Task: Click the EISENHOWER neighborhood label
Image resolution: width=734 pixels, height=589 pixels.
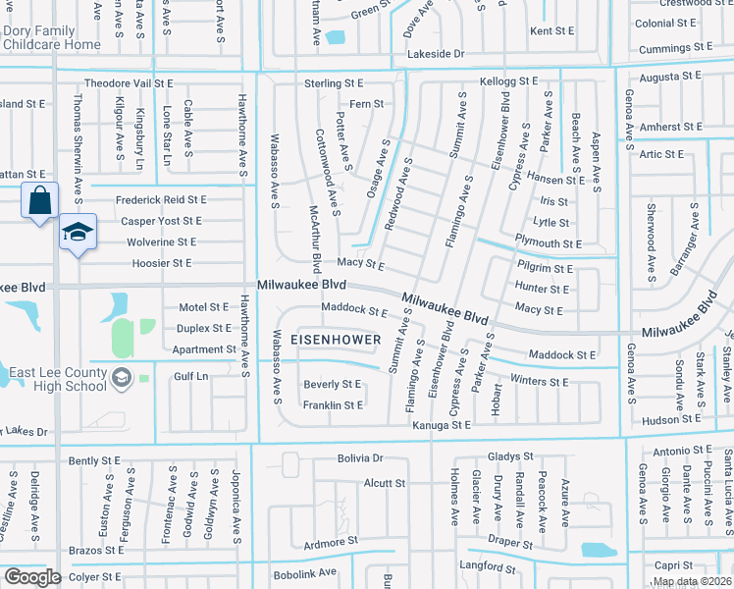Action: point(336,340)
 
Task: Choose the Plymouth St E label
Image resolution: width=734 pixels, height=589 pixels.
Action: point(549,243)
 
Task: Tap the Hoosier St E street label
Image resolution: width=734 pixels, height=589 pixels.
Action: point(155,263)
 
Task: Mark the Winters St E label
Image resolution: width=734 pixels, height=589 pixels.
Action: point(540,381)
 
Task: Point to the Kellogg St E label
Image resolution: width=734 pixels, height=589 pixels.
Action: point(508,80)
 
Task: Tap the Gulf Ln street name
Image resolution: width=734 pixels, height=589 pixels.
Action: point(190,376)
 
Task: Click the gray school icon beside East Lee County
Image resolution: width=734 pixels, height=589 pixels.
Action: point(122,377)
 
